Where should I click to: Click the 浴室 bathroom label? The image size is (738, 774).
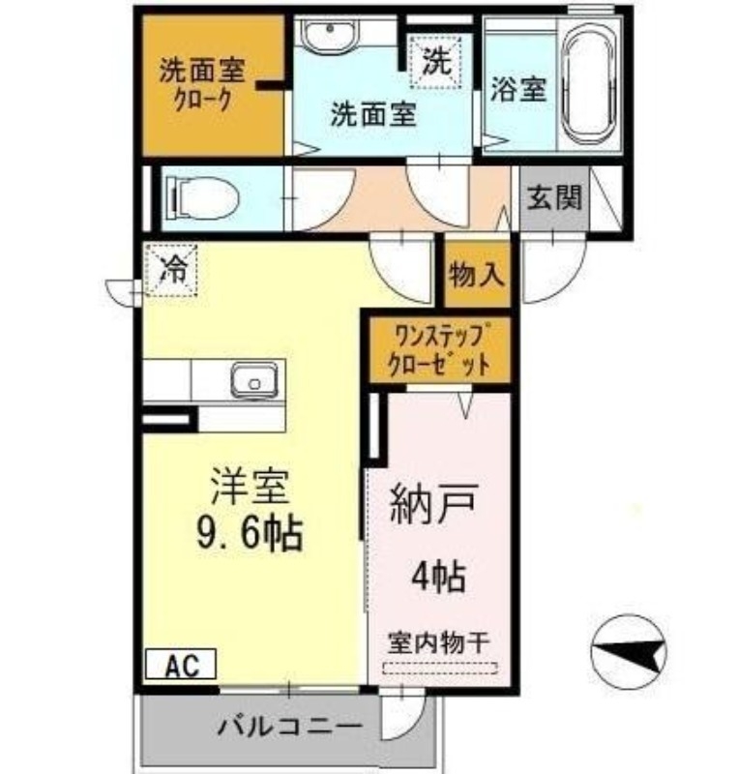coord(518,90)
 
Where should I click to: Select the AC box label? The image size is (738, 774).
coord(181,665)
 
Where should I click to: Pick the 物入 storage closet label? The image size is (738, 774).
coord(477,274)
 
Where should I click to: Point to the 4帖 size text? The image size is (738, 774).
coord(437,577)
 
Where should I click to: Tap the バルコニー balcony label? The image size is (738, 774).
coord(289,725)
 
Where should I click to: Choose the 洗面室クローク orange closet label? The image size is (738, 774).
coord(202,84)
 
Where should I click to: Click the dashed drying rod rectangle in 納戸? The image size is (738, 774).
coord(440,668)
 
